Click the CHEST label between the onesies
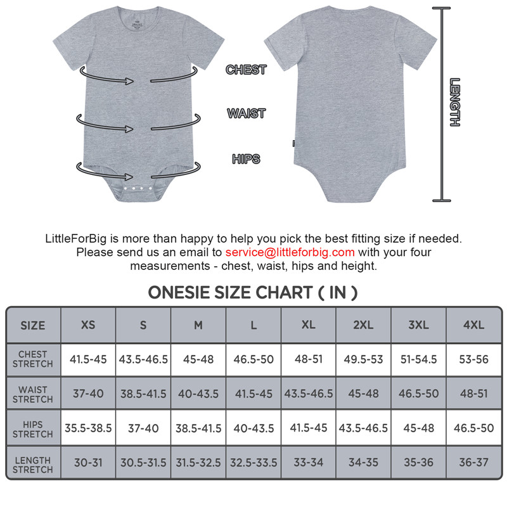[246, 70]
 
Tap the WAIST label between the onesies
[246, 113]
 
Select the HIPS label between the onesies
[246, 158]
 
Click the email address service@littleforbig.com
[290, 252]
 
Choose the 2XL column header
[363, 325]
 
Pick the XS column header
[88, 325]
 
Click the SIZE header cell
[33, 326]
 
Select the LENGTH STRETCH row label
[33, 465]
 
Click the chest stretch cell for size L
[253, 359]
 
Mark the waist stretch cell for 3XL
[418, 394]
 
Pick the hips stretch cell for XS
[88, 428]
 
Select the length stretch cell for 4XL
[473, 463]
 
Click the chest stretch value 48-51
[309, 359]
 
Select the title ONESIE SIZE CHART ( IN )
[253, 292]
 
